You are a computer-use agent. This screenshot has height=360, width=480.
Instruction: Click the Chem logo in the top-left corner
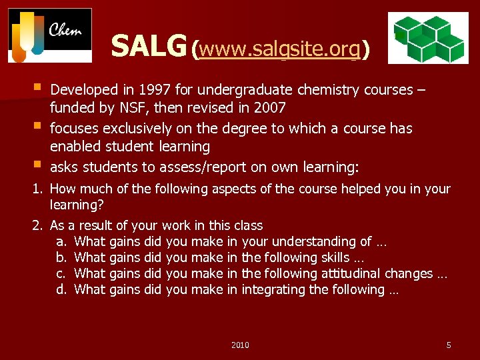click(50, 35)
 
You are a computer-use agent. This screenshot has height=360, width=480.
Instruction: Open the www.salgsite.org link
click(279, 49)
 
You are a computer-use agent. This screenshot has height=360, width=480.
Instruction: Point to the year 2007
click(271, 108)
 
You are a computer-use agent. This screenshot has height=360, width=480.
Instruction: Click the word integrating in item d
click(272, 289)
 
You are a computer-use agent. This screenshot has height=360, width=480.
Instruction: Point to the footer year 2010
click(240, 345)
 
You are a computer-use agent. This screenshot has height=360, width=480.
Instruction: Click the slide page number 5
click(448, 345)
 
